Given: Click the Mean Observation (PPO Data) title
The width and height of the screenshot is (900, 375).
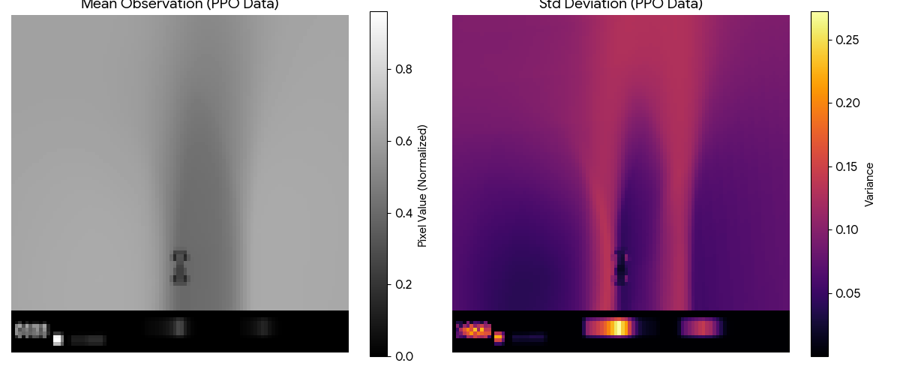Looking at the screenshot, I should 179,4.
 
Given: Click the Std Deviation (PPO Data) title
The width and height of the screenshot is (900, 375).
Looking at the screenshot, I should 621,4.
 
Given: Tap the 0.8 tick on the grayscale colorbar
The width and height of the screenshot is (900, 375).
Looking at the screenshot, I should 403,69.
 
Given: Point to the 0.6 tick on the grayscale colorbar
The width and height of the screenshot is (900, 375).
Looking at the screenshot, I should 403,141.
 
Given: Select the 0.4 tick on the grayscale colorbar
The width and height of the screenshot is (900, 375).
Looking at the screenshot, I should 403,213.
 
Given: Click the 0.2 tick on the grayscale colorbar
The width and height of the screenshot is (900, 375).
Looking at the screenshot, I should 403,284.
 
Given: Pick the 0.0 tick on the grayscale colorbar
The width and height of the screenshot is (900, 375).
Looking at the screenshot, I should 403,355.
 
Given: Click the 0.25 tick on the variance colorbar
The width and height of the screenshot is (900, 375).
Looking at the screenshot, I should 849,39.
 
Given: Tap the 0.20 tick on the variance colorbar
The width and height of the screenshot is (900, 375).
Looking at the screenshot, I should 849,103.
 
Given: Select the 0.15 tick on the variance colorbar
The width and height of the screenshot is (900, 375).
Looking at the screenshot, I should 849,166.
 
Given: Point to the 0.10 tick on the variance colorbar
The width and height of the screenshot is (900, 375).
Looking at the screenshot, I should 849,229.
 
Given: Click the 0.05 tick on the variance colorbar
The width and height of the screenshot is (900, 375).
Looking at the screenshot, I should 849,292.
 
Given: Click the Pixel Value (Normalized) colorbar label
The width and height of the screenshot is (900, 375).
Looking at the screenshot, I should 422,186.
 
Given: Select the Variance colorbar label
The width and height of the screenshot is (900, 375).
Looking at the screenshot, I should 869,184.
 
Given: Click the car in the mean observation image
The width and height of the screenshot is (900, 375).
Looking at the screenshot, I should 179,268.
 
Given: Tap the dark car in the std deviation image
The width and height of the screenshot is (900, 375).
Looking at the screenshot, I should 620,268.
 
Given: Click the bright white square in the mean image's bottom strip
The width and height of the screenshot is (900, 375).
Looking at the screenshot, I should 58,340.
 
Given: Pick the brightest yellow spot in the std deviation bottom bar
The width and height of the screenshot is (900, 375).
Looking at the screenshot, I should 618,328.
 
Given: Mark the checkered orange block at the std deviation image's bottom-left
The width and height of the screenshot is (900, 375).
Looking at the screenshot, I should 473,329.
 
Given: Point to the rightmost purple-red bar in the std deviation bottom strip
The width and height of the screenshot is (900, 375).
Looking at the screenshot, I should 700,328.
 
